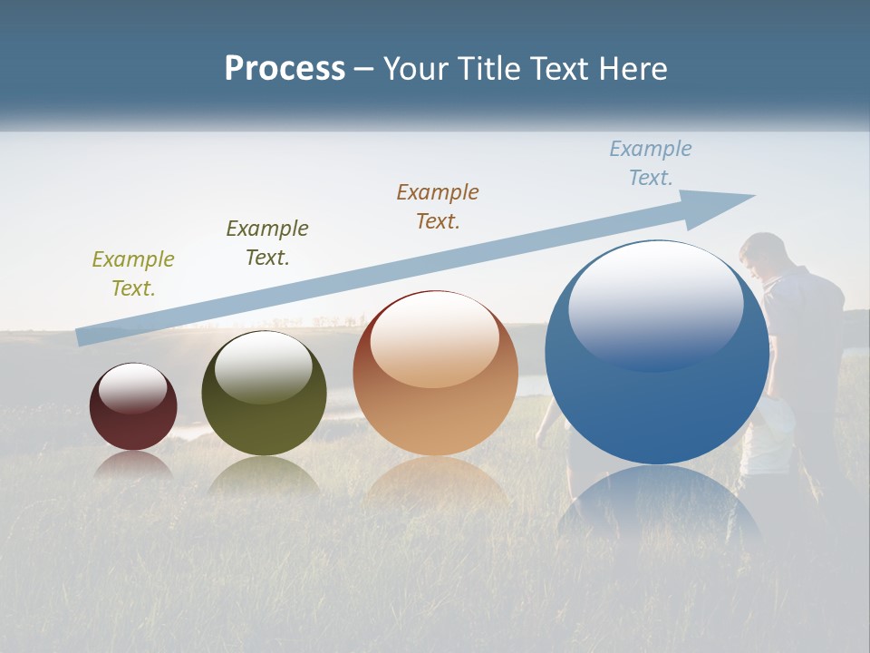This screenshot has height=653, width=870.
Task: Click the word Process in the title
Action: (x=285, y=68)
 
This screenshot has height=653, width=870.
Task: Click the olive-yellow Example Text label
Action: (x=133, y=273)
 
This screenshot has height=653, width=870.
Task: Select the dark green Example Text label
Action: (x=267, y=242)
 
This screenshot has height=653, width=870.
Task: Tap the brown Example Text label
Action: (x=438, y=206)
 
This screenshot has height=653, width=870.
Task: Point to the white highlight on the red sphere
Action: (x=133, y=386)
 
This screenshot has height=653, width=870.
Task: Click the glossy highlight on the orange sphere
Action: (x=435, y=337)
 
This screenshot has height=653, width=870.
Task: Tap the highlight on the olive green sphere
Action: (x=264, y=365)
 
